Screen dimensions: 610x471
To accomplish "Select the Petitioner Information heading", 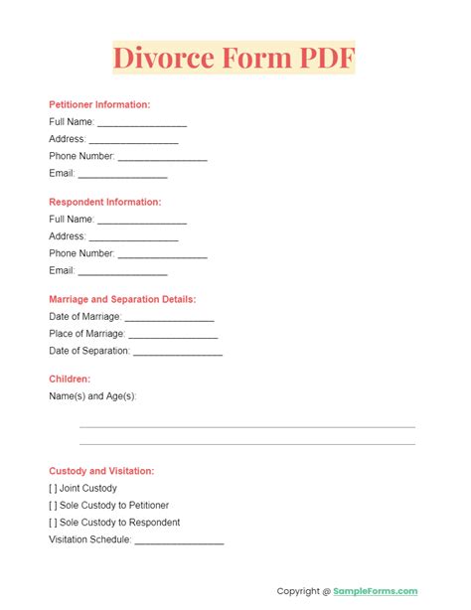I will coord(99,104).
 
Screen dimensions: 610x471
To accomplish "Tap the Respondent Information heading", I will coord(104,202).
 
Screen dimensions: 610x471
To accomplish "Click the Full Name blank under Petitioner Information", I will coord(142,123).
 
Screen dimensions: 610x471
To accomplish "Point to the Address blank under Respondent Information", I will coord(133,237).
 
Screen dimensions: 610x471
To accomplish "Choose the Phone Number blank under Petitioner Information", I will coord(162,157).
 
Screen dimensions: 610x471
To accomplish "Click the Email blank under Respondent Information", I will coord(122,271).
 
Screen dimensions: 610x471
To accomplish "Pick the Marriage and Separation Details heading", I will coord(122,299).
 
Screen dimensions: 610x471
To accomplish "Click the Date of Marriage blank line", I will coord(169,318).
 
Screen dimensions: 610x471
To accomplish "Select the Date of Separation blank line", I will coord(177,352).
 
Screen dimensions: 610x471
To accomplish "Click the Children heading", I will coord(70,379).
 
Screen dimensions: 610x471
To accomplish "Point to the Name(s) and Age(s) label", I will coord(92,396).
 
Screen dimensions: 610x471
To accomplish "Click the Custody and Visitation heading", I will coord(101,471).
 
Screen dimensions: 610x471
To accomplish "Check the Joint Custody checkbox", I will coord(54,488).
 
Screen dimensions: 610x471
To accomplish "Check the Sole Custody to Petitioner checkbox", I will coord(54,506).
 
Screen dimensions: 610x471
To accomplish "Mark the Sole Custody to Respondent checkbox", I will coord(54,523).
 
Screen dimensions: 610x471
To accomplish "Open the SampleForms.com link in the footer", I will coord(376,591).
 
